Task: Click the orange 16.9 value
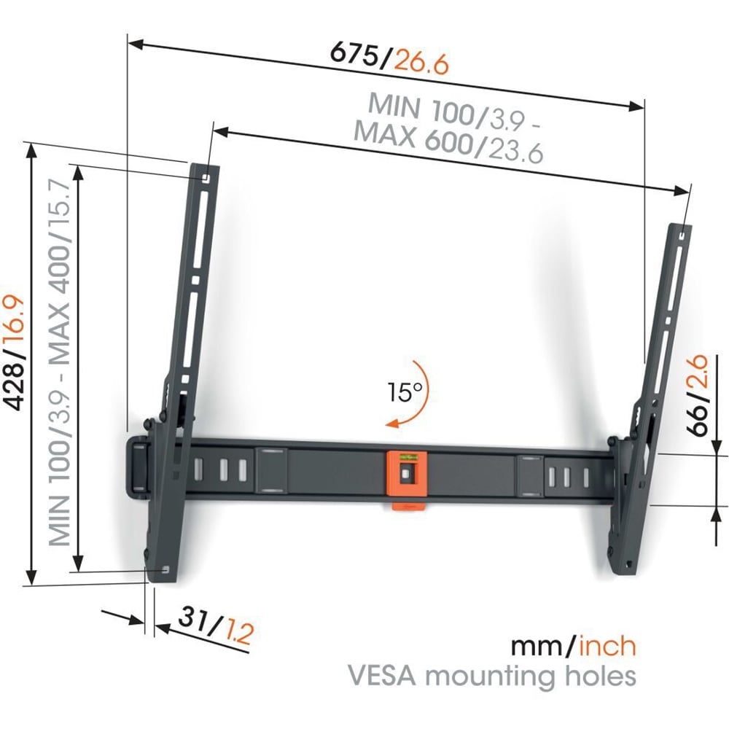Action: click(x=15, y=321)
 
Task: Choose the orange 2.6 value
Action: click(x=699, y=373)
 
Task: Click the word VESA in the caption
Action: click(x=382, y=676)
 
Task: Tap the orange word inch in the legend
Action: click(x=607, y=646)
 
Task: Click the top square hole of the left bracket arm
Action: click(x=206, y=178)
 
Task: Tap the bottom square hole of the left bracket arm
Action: click(x=165, y=569)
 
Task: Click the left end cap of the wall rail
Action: click(x=138, y=468)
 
